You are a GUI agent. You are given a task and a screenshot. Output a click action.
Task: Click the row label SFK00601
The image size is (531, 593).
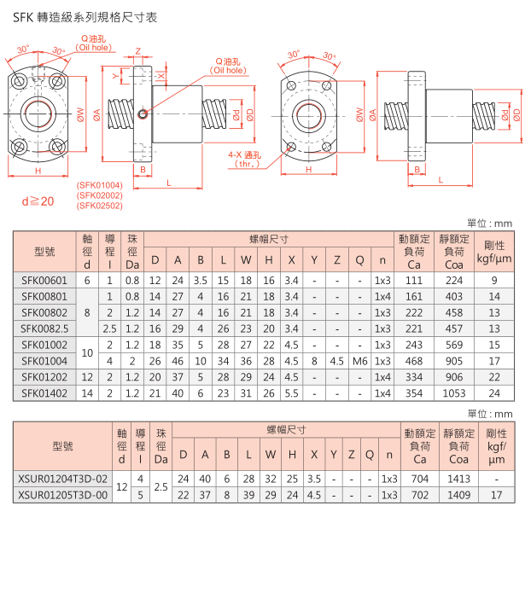pyautogui.click(x=44, y=280)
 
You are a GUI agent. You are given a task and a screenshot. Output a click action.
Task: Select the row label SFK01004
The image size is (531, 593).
pyautogui.click(x=44, y=361)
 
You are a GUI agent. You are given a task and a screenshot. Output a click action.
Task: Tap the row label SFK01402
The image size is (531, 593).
pyautogui.click(x=44, y=393)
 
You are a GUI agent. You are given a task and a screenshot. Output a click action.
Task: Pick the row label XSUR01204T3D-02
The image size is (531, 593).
pyautogui.click(x=63, y=479)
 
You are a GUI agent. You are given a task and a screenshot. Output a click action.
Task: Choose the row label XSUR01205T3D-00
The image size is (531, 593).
pyautogui.click(x=63, y=495)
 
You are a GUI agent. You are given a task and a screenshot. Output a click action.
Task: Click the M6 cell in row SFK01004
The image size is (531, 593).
pyautogui.click(x=359, y=361)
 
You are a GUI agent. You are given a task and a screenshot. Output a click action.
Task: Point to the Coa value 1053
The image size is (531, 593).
pyautogui.click(x=454, y=393)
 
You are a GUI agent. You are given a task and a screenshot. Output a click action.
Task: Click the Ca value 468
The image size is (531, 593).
pyautogui.click(x=414, y=361)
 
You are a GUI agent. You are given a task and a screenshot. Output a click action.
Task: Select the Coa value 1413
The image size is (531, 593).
pyautogui.click(x=459, y=479)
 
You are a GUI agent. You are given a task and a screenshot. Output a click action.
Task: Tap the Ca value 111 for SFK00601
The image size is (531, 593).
pyautogui.click(x=414, y=280)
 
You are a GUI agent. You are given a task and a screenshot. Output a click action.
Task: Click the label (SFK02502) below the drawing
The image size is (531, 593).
pyautogui.click(x=99, y=205)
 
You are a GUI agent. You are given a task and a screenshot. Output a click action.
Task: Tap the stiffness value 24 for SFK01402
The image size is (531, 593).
pyautogui.click(x=494, y=393)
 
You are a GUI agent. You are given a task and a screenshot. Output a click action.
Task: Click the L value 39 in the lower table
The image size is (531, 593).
pyautogui.click(x=248, y=495)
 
